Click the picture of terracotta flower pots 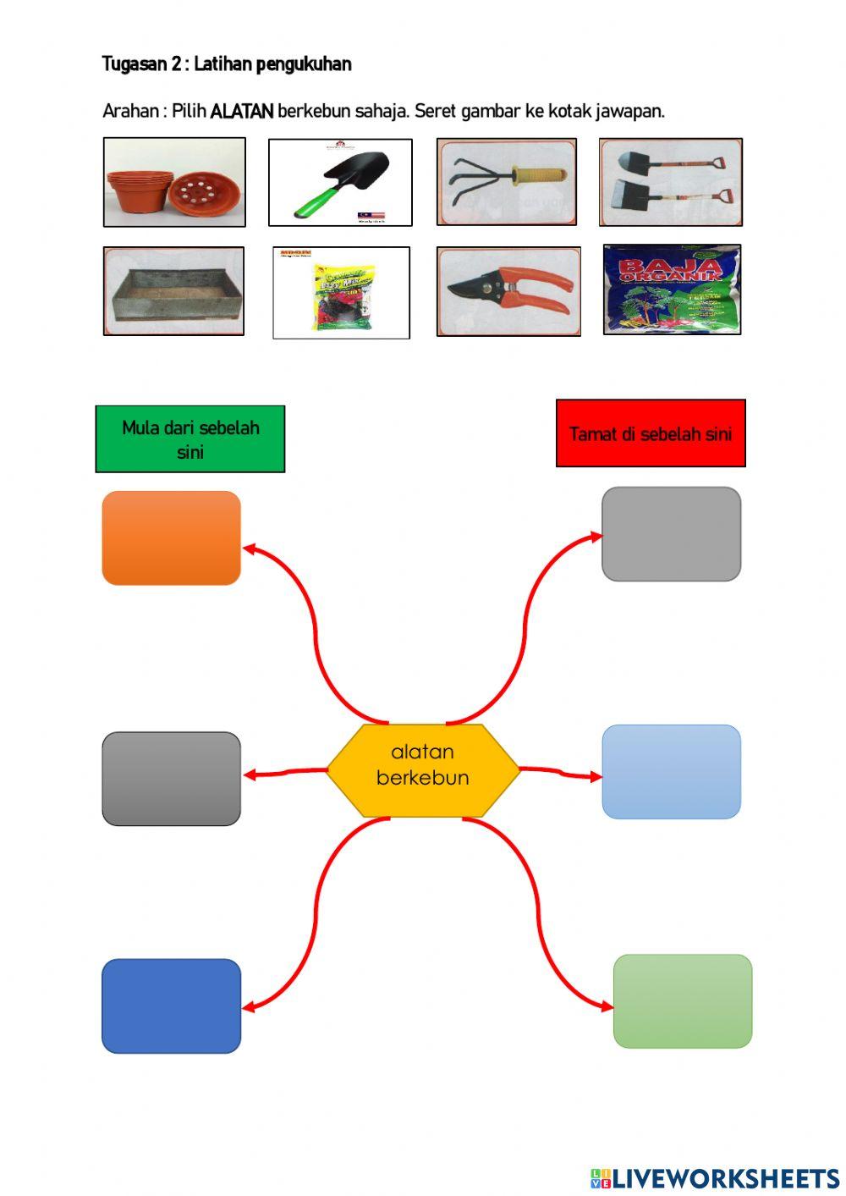pos(174,183)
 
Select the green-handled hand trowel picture pos(340,183)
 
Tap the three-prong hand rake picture pos(507,182)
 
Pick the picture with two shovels pos(671,183)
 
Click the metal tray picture pos(173,291)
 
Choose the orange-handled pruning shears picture pos(508,292)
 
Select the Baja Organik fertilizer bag pos(672,290)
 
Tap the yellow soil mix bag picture pos(342,293)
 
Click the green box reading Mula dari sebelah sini pos(190,438)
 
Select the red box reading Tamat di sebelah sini pos(651,433)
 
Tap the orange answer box pos(172,538)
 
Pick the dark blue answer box pos(172,1006)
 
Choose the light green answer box pos(682,1001)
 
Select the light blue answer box pos(671,772)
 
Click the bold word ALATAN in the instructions pos(242,111)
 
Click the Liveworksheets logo pos(715,1177)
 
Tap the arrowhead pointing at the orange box pos(250,548)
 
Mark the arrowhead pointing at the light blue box pos(596,775)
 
